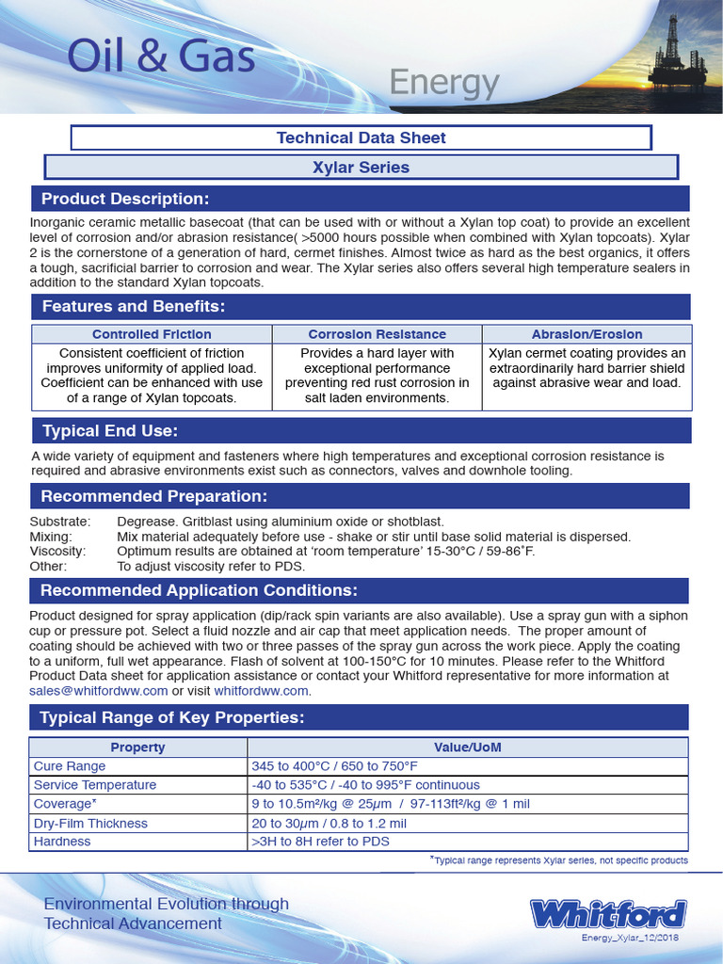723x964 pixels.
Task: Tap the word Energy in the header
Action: pos(444,83)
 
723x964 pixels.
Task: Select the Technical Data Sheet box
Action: pos(361,137)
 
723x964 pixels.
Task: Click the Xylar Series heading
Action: pos(361,168)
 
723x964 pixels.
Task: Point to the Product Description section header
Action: pos(124,199)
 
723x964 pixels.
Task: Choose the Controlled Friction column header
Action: pos(152,334)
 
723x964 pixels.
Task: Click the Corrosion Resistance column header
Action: pos(377,334)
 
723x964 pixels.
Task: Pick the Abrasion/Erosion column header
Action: pos(586,334)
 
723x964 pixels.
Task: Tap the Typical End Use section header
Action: pos(110,431)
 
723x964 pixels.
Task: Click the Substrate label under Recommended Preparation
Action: pos(60,522)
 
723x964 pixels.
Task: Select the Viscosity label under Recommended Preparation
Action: pos(57,552)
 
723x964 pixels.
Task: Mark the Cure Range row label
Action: pos(70,766)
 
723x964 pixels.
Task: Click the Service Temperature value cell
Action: pos(365,785)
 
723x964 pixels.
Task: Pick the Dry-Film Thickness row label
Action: pos(90,823)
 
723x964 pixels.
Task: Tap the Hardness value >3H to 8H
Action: pos(320,842)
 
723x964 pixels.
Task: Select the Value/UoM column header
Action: pos(467,747)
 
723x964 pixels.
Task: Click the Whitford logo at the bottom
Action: pos(607,914)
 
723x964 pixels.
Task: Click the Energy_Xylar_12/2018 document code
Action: pos(629,939)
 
